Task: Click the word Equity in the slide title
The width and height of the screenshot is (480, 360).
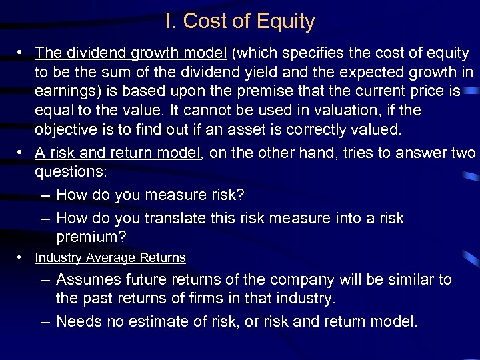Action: (287, 21)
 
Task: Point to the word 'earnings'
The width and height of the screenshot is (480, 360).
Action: (65, 91)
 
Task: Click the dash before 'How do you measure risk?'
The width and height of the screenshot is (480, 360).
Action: (45, 195)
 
